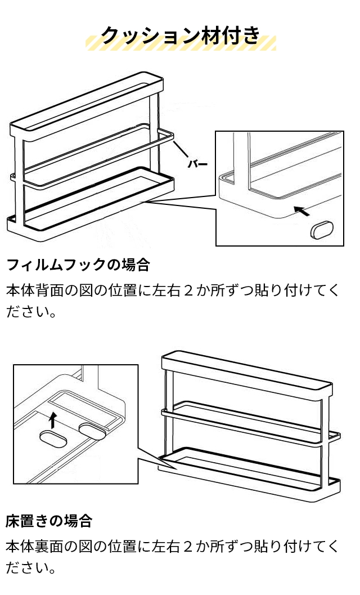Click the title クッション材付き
point(180,35)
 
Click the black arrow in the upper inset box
point(301,212)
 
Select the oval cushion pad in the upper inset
point(322,230)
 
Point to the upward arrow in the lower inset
point(53,419)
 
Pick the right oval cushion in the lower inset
point(93,430)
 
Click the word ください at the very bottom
point(31,567)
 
